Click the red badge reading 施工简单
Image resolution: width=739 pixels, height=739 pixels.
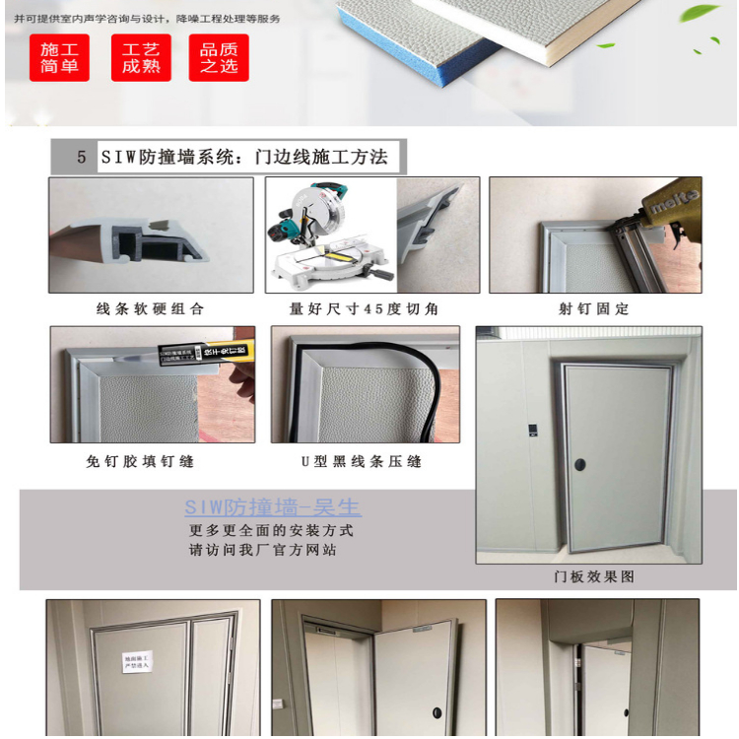(59, 57)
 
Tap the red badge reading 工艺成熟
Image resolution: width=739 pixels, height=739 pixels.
(141, 57)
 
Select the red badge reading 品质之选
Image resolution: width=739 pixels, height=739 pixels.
(219, 57)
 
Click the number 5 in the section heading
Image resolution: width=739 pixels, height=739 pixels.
(81, 158)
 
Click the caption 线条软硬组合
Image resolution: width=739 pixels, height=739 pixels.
(151, 308)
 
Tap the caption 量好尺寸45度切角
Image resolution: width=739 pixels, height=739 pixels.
(365, 308)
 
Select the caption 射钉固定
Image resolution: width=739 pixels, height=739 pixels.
(594, 308)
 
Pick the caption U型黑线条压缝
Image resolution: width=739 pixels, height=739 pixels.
(362, 461)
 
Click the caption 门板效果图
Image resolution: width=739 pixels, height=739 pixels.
(594, 576)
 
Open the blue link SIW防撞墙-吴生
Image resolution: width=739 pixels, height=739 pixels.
(273, 508)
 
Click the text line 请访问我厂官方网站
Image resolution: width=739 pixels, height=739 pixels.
(263, 550)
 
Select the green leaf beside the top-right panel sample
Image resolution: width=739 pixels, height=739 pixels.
(701, 12)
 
